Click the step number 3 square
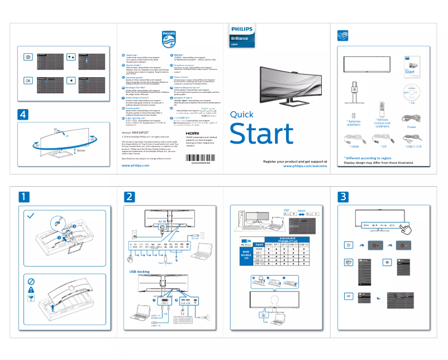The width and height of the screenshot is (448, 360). click(343, 196)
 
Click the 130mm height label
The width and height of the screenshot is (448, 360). click(80, 151)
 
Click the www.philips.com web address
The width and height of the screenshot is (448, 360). click(135, 166)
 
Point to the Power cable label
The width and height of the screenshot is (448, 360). click(412, 127)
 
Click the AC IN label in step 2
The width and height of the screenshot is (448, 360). click(163, 221)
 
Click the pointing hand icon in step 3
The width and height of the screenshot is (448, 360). click(408, 228)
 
